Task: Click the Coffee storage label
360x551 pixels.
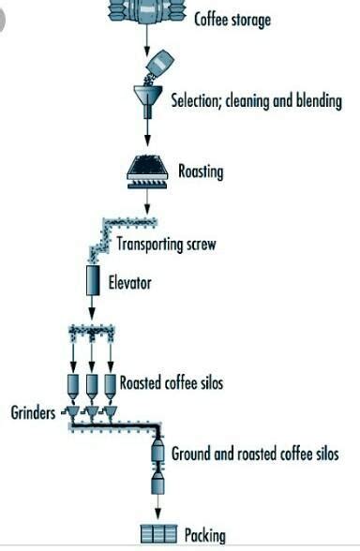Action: pyautogui.click(x=232, y=20)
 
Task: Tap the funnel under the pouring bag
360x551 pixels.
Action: pyautogui.click(x=148, y=101)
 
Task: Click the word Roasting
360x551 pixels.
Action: pyautogui.click(x=201, y=171)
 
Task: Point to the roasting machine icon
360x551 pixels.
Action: pyautogui.click(x=147, y=171)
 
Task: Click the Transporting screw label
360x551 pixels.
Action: pyautogui.click(x=166, y=245)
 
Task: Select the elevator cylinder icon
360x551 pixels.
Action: pyautogui.click(x=93, y=280)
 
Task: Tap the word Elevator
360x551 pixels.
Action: pyautogui.click(x=129, y=283)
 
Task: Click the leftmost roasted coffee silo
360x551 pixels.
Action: pyautogui.click(x=73, y=386)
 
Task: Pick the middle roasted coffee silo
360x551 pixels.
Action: pyautogui.click(x=92, y=386)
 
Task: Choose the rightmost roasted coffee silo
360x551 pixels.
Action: pyautogui.click(x=111, y=386)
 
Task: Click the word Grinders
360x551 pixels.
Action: pyautogui.click(x=33, y=412)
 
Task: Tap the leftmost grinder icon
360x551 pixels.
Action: pyautogui.click(x=72, y=411)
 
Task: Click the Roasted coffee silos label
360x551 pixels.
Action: pyautogui.click(x=172, y=382)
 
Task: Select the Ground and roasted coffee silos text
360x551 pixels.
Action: pyautogui.click(x=255, y=454)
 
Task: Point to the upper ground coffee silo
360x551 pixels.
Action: pyautogui.click(x=157, y=451)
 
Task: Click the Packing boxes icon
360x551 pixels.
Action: pyautogui.click(x=158, y=534)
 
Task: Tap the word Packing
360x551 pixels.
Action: pyautogui.click(x=205, y=535)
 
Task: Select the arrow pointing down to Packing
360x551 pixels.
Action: pyautogui.click(x=157, y=507)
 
